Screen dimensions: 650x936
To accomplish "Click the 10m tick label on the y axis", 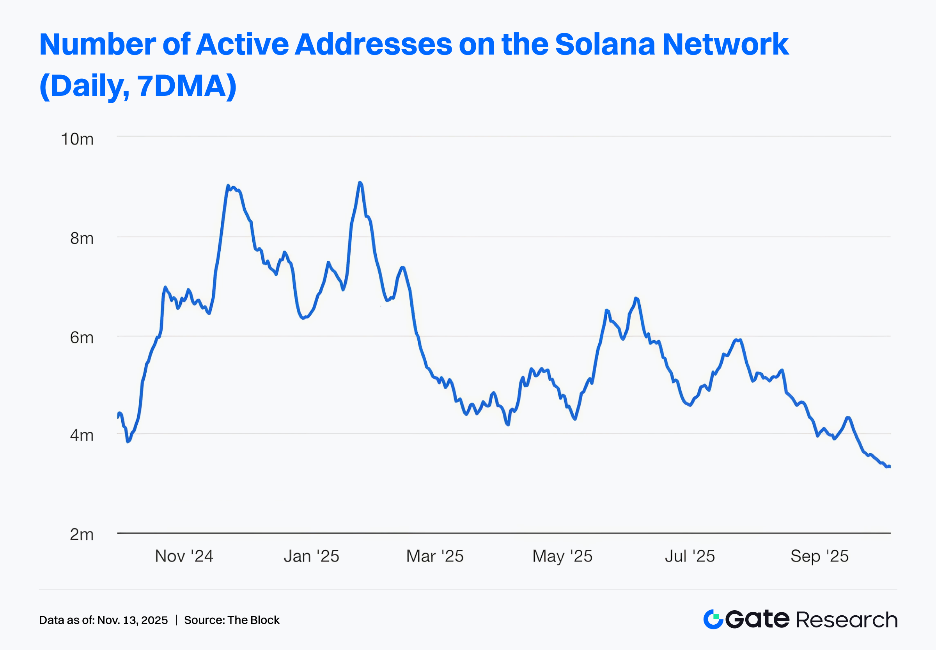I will point(77,139).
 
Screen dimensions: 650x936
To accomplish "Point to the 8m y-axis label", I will point(82,238).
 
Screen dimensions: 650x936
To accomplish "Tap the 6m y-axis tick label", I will point(82,337).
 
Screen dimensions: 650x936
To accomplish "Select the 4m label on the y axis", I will point(82,435).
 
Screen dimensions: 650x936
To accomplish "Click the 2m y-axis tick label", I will point(82,534).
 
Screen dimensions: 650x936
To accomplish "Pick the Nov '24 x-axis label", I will point(184,556).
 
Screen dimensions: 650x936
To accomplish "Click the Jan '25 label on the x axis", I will point(311,556).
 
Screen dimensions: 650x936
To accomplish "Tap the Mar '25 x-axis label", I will point(435,556).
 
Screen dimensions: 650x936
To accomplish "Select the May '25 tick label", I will point(562,556).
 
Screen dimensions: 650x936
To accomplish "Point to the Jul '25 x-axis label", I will point(690,556).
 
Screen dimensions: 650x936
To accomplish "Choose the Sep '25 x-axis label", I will point(819,556).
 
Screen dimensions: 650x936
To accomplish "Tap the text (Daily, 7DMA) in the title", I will point(138,86).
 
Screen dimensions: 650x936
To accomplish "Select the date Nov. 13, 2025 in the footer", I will point(133,620).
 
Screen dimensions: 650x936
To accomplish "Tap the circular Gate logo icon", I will point(713,620).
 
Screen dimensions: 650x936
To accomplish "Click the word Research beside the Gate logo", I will point(847,620).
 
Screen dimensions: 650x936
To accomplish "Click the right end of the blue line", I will point(890,467).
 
